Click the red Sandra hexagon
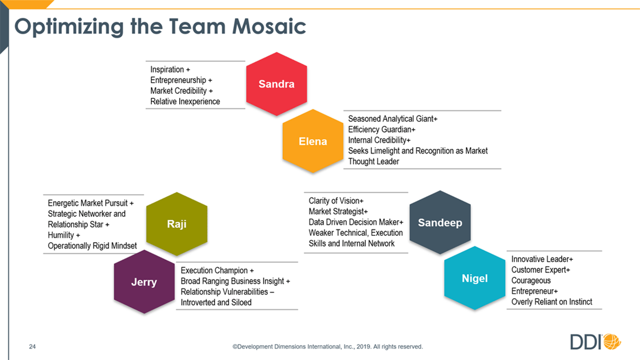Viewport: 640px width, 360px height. [x=277, y=84]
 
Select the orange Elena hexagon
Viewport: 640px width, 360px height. [x=313, y=141]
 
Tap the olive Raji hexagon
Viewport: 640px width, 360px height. [x=177, y=223]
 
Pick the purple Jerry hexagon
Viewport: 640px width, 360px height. [x=145, y=282]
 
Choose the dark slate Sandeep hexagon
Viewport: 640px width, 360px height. [x=440, y=222]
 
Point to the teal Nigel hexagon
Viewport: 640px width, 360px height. [x=475, y=278]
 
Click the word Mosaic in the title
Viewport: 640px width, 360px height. [x=269, y=26]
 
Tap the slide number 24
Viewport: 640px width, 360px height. [x=33, y=347]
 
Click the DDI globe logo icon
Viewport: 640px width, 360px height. [x=612, y=341]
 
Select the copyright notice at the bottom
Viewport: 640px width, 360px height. [x=327, y=347]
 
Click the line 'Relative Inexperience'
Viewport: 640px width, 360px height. [x=185, y=101]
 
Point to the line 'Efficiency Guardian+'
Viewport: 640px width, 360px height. [x=382, y=130]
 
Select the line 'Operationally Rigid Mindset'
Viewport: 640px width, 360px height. [x=92, y=246]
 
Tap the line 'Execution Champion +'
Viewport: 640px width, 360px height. [x=217, y=270]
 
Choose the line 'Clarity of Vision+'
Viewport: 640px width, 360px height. [x=336, y=201]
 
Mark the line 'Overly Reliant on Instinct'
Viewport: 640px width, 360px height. [x=551, y=302]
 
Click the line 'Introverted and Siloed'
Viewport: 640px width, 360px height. [x=216, y=302]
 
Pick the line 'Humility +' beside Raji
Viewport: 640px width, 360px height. [x=63, y=235]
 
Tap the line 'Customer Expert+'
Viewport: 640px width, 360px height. [x=541, y=270]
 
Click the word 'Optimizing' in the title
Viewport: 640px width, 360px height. [x=69, y=27]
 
